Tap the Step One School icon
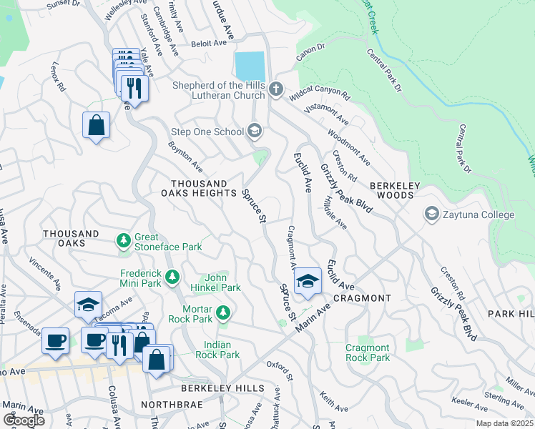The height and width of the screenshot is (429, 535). pyautogui.click(x=254, y=131)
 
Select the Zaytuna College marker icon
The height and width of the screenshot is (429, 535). pyautogui.click(x=432, y=214)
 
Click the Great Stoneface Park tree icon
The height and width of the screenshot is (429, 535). pyautogui.click(x=124, y=240)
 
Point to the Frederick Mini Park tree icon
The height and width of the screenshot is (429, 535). pyautogui.click(x=172, y=276)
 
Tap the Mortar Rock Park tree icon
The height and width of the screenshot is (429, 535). pyautogui.click(x=224, y=312)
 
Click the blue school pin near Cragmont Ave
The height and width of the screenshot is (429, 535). pyautogui.click(x=308, y=281)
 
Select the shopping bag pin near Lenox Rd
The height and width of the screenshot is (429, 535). pyautogui.click(x=96, y=126)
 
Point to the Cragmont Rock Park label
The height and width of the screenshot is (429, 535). pyautogui.click(x=368, y=352)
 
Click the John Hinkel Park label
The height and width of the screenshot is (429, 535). pyautogui.click(x=215, y=282)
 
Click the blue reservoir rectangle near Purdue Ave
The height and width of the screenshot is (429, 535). pyautogui.click(x=250, y=66)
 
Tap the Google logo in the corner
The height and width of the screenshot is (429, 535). pyautogui.click(x=24, y=420)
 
